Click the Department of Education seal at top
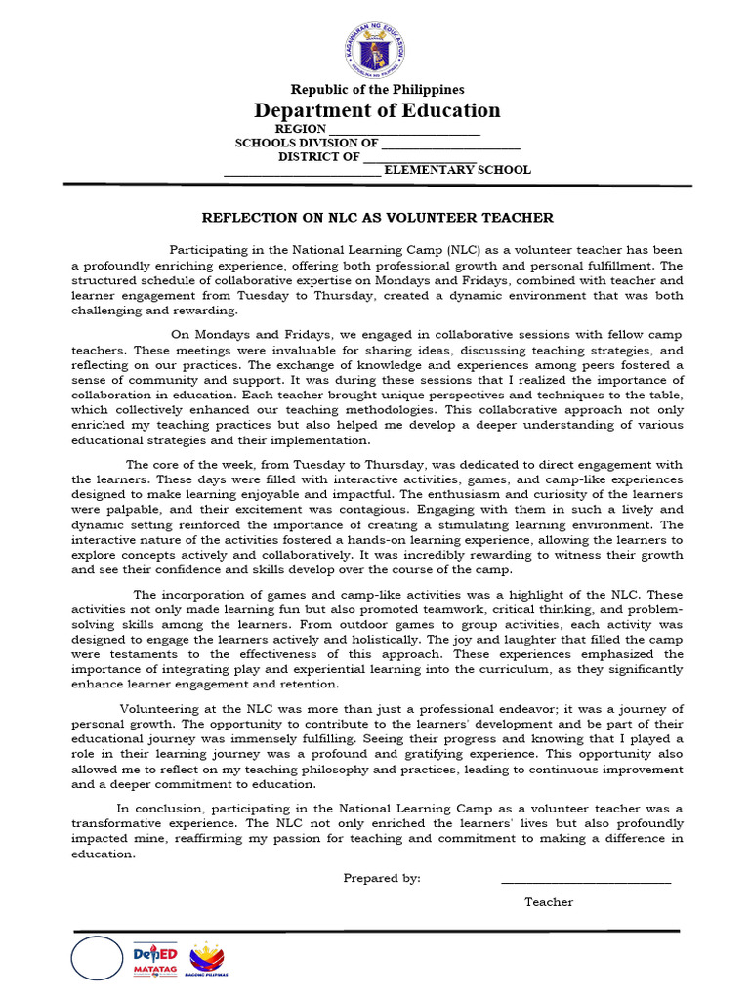point(375,48)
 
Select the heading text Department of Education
point(377,110)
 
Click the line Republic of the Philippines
point(377,90)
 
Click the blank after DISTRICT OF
point(420,157)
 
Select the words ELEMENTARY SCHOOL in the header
point(457,170)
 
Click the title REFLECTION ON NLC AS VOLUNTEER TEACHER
point(377,218)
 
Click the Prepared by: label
point(382,878)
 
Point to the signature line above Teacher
point(586,882)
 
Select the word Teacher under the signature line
point(549,902)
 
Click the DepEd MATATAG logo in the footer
point(155,959)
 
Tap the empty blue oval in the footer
point(97,958)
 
